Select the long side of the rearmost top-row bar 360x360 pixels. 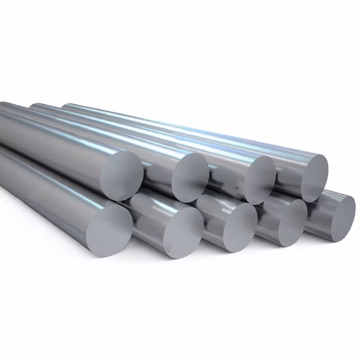196,128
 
